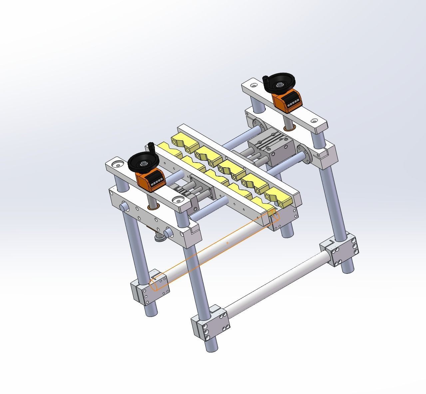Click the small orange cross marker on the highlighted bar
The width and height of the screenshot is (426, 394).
227,243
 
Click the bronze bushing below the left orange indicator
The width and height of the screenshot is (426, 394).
154,208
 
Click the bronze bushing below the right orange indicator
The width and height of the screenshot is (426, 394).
289,128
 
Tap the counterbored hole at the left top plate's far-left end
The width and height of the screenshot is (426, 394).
117,164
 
